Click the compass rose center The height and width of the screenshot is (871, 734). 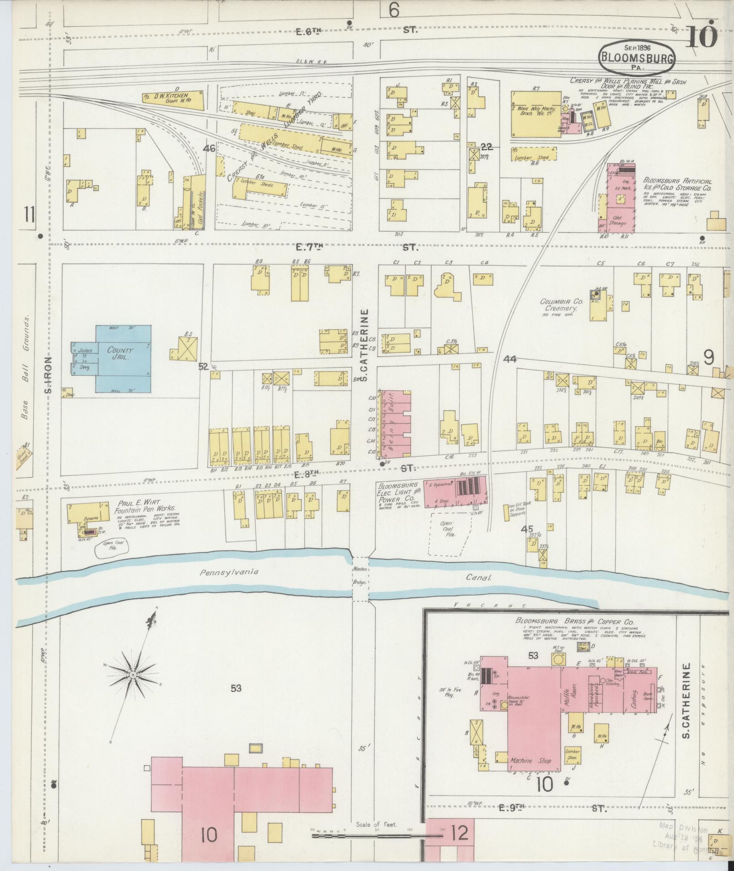[x=132, y=674]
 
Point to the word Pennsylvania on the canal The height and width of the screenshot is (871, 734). [x=229, y=572]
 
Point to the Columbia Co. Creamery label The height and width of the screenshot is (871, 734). [x=559, y=305]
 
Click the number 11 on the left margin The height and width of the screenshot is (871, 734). [x=30, y=214]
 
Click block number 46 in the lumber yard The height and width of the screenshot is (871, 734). [x=209, y=148]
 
